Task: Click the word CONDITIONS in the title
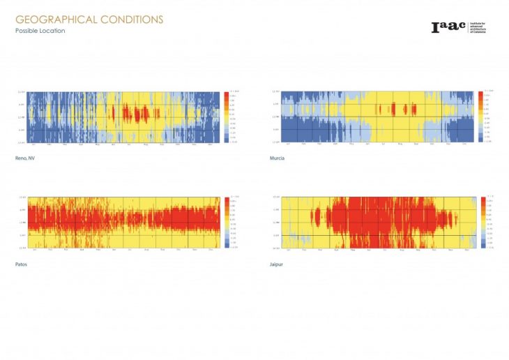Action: pos(132,20)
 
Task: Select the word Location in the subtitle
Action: pos(54,31)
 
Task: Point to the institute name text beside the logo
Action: pos(478,27)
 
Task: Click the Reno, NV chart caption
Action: pos(26,158)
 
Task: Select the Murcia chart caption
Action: pos(277,158)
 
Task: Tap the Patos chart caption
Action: pos(22,264)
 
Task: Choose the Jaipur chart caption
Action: pos(277,264)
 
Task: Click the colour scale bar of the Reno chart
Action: pos(226,117)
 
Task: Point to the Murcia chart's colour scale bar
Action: pos(481,117)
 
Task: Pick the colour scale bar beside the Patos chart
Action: pos(226,223)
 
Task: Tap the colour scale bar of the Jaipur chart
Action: pos(483,223)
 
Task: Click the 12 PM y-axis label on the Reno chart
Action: pos(22,117)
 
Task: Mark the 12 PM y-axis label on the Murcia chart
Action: pos(276,117)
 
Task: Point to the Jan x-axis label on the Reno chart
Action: pos(35,144)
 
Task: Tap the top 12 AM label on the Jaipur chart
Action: pos(276,197)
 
